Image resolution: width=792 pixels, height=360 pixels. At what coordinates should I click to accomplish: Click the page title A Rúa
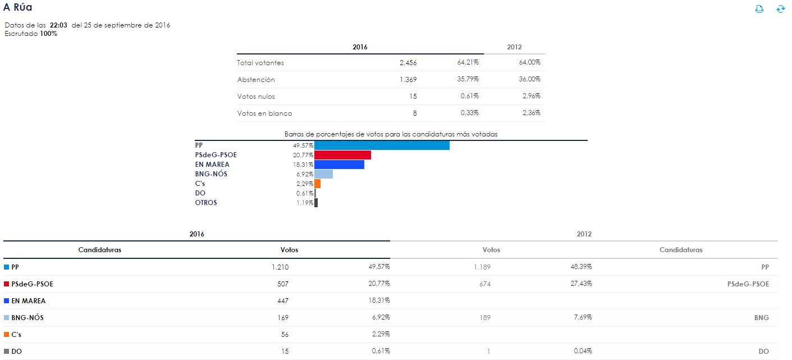(18, 7)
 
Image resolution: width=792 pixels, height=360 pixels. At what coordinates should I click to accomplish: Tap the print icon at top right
(759, 9)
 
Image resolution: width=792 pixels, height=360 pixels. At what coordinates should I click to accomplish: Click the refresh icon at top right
(780, 9)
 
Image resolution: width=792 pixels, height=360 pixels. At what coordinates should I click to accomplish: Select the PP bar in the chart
(382, 145)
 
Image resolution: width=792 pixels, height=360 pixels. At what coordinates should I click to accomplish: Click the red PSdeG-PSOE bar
(342, 155)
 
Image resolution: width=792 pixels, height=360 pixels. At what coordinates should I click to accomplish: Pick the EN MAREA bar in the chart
(339, 165)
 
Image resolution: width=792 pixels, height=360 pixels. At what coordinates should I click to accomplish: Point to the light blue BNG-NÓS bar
(323, 174)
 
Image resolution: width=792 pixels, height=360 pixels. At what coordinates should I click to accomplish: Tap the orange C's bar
(317, 184)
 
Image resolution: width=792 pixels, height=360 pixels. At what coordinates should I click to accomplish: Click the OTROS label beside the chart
(206, 203)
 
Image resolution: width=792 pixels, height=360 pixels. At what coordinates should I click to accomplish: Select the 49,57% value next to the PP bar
(304, 145)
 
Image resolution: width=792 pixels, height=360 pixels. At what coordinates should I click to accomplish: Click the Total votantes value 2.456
(408, 63)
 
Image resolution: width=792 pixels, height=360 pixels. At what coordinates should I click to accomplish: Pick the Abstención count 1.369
(408, 80)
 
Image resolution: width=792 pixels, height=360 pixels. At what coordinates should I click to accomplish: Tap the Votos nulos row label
(256, 97)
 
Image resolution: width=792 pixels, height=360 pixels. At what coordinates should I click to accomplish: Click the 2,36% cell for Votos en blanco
(530, 113)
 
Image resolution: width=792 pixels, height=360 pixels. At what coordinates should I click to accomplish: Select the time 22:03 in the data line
(58, 25)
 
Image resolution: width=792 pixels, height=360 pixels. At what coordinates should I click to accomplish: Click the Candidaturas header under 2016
(100, 250)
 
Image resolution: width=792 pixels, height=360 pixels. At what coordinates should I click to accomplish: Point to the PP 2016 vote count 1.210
(281, 267)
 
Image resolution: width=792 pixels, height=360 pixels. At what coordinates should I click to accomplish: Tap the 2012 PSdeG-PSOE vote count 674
(485, 284)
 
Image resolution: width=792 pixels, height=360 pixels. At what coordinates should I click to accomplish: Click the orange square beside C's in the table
(6, 335)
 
